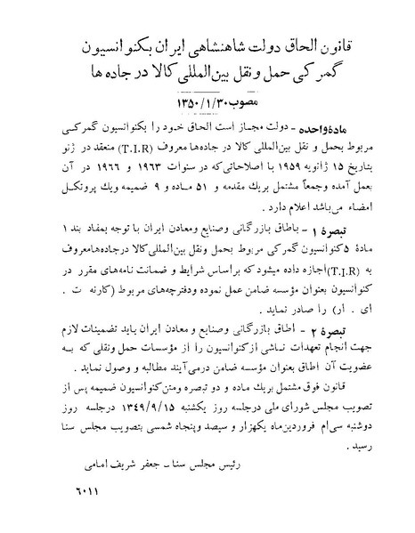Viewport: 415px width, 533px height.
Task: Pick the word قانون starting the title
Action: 334,44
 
